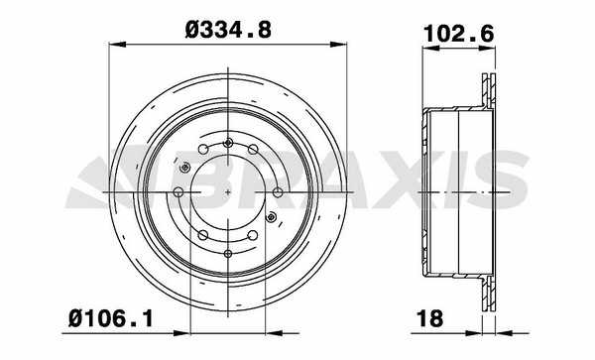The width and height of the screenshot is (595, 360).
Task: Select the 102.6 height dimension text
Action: point(459,34)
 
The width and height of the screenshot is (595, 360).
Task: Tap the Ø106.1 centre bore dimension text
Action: point(111,318)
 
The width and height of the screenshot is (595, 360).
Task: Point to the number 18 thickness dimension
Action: point(429,318)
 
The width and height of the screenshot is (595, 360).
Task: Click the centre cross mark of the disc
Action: point(228,192)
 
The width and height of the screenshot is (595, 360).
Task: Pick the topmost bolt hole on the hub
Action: point(228,143)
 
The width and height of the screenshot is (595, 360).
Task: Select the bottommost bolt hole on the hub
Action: point(228,254)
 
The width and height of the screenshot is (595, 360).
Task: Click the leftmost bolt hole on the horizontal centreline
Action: point(178,192)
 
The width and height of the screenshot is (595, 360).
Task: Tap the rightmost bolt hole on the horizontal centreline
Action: point(278,192)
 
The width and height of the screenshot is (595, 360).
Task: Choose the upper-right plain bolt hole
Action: point(253,149)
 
